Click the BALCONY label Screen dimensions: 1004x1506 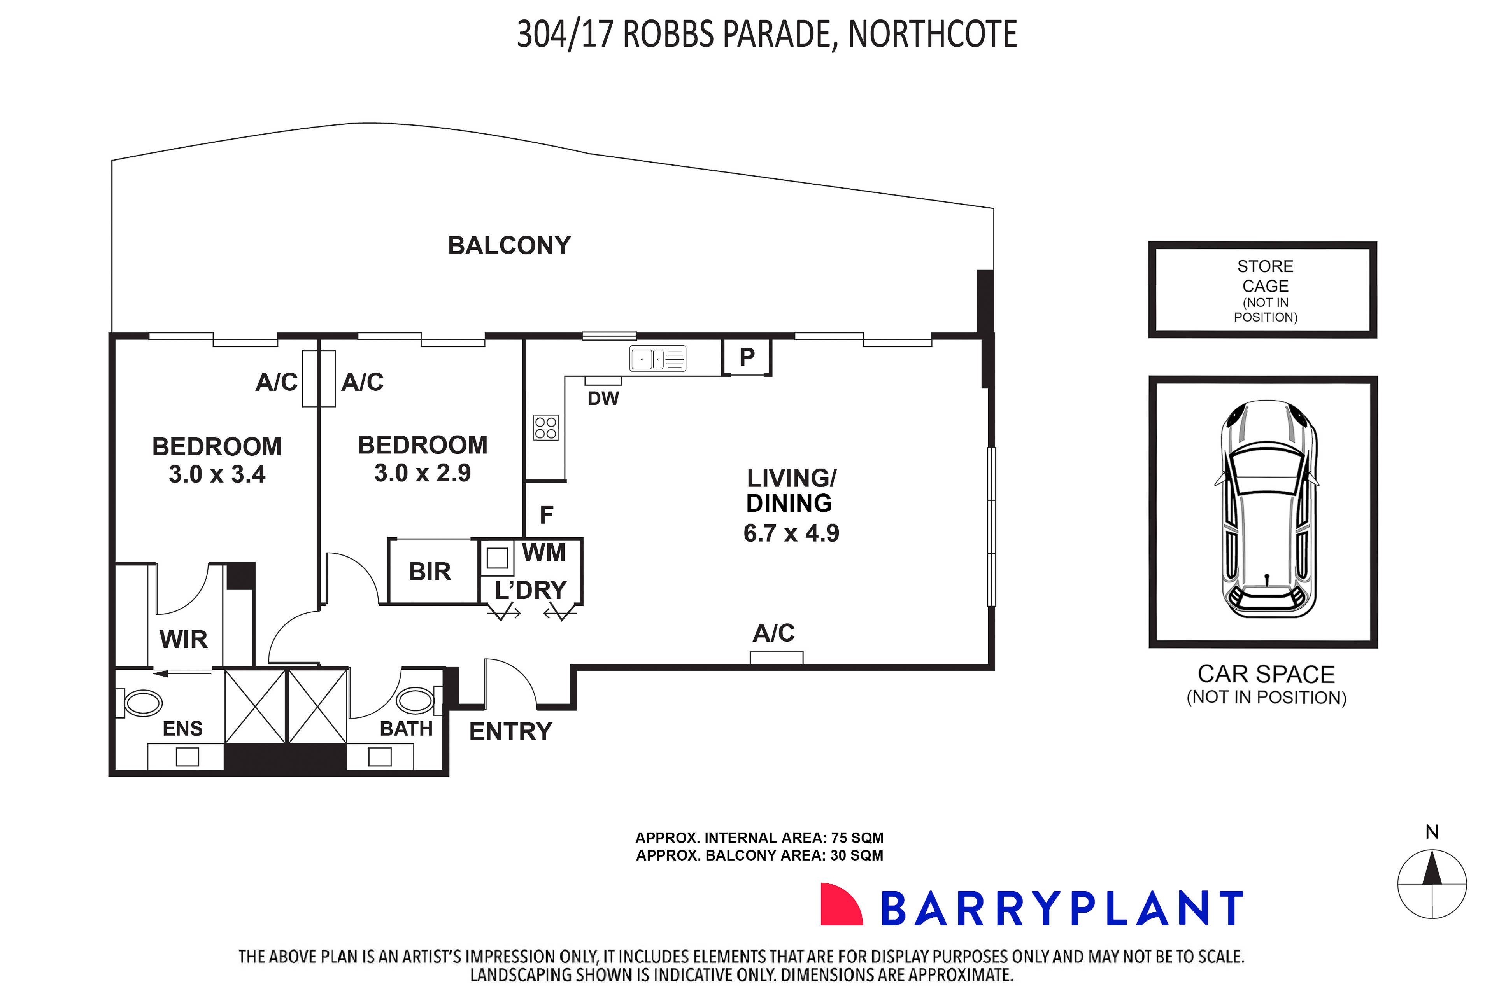pyautogui.click(x=509, y=246)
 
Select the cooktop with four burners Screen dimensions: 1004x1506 pyautogui.click(x=546, y=428)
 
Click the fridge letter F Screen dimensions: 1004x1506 pyautogui.click(x=546, y=515)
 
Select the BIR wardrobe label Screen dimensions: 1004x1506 pyautogui.click(x=430, y=572)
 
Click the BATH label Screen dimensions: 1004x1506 pyautogui.click(x=406, y=729)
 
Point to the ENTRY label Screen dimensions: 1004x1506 pyautogui.click(x=510, y=732)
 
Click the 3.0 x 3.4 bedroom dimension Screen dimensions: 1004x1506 pyautogui.click(x=217, y=474)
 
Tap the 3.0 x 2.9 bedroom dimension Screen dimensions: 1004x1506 pyautogui.click(x=423, y=473)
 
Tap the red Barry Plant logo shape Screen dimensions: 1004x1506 pyautogui.click(x=840, y=905)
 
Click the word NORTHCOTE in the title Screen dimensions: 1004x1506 pyautogui.click(x=933, y=35)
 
